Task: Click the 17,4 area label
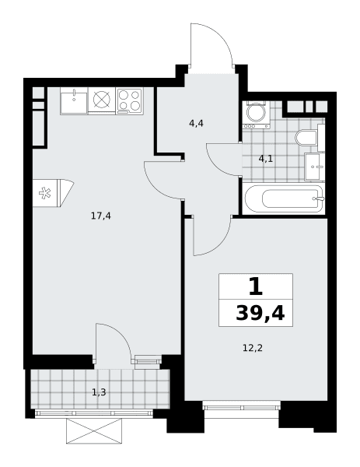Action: point(101,216)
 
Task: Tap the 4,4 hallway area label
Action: point(196,123)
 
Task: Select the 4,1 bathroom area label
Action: point(265,159)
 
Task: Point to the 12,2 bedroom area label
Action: point(253,348)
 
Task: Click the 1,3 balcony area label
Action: point(99,392)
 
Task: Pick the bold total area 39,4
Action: point(260,314)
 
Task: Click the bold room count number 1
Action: point(256,286)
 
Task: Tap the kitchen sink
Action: point(74,100)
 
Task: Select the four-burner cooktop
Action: point(129,100)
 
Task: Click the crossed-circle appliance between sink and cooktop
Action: point(102,99)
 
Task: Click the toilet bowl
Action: point(306,138)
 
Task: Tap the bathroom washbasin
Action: point(314,167)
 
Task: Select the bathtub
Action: point(284,198)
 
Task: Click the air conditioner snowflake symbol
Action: point(45,193)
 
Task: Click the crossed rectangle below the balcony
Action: point(94,430)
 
